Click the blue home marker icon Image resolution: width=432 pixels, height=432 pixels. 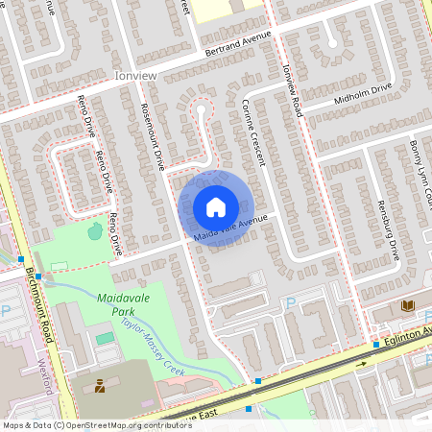pos(216,207)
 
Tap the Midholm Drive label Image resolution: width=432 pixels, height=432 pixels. pos(363,92)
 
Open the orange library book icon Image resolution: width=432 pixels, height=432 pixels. pos(408,304)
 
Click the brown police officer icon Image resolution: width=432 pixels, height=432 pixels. pos(100,387)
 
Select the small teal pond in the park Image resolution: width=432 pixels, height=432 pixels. pos(94,230)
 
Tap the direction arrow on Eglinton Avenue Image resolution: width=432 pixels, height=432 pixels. pos(363,365)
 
